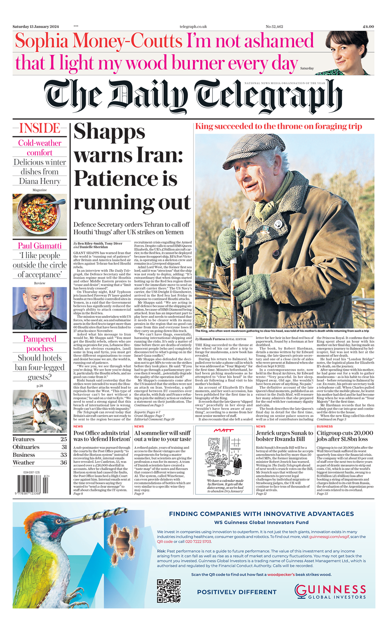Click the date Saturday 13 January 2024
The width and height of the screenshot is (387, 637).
tap(36, 26)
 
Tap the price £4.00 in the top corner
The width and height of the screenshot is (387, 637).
tap(368, 26)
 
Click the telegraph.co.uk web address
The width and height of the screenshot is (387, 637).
tap(193, 26)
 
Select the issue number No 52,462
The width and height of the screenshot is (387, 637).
tap(274, 26)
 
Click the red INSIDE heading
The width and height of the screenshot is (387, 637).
tap(40, 128)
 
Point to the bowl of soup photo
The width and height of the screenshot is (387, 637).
tap(40, 215)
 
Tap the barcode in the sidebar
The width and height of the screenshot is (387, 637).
tap(32, 483)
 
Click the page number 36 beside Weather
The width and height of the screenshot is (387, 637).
tap(63, 463)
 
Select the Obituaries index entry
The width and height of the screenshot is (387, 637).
tap(26, 447)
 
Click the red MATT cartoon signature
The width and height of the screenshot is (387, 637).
tap(224, 430)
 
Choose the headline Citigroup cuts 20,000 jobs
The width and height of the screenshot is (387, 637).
tap(345, 436)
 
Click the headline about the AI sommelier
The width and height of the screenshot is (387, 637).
tap(163, 436)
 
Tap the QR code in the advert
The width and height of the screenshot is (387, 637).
tap(169, 590)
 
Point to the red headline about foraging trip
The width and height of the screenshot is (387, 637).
tap(279, 126)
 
